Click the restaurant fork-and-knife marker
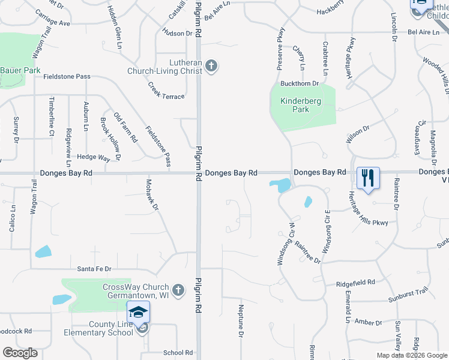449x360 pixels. [368, 178]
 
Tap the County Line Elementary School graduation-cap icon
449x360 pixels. [138, 313]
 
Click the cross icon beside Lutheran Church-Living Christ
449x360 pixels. [211, 66]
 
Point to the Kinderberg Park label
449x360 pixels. [303, 105]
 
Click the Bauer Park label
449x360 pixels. [20, 71]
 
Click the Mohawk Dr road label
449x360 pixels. [154, 194]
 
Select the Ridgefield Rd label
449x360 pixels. [355, 281]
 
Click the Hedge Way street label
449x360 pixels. [94, 157]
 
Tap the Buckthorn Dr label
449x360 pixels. [298, 83]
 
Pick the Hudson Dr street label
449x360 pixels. [177, 33]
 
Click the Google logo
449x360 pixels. [20, 353]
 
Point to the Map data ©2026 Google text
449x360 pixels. [412, 355]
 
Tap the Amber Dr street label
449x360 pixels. [364, 322]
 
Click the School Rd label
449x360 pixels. [178, 353]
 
